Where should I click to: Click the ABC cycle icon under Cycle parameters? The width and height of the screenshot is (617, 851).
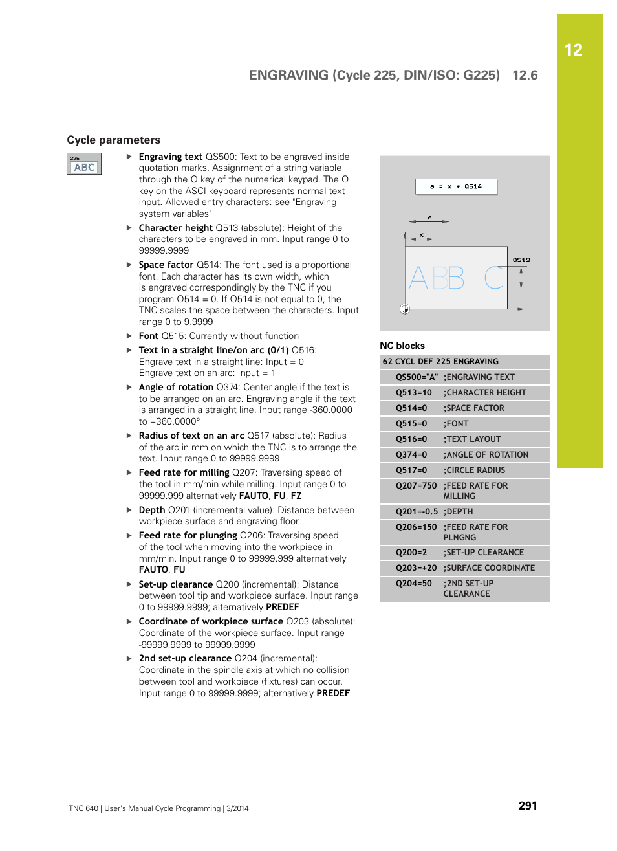coord(84,164)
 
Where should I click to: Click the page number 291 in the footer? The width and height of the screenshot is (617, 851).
coord(528,806)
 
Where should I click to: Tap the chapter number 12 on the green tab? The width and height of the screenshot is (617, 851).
coord(573,50)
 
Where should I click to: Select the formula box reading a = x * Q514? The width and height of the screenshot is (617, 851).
coord(456,186)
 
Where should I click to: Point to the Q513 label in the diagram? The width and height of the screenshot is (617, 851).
coord(521,260)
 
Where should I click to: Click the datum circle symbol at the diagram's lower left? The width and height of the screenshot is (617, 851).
coord(405,309)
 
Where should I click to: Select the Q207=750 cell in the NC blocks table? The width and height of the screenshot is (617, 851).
coord(416,486)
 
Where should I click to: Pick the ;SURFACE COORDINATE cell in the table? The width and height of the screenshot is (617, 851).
coord(489,568)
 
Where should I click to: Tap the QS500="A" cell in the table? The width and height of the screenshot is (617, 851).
coord(417,377)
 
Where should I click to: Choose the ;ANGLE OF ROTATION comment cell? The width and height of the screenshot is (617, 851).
coord(486,455)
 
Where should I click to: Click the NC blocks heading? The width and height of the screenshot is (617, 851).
coord(402,346)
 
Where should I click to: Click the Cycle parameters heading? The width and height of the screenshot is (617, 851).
coord(114,140)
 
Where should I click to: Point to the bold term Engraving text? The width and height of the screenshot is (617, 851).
coord(171,157)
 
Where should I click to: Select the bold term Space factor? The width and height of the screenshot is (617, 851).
coord(166,265)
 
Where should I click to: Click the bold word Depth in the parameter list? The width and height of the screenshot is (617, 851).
coord(152,510)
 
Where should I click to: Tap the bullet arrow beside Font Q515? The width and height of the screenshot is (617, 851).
coord(129,336)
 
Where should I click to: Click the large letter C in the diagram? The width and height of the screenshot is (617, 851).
coord(495,278)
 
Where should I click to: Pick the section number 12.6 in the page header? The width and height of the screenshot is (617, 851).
coord(525,75)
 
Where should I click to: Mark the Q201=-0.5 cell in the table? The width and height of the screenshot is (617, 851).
coord(417,512)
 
